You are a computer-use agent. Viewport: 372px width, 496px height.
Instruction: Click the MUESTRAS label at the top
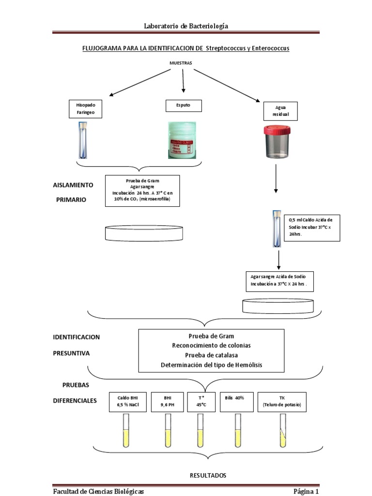click(181, 63)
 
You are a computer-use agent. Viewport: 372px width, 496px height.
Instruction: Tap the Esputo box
click(183, 106)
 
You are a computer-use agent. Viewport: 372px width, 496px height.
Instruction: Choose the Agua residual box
click(280, 111)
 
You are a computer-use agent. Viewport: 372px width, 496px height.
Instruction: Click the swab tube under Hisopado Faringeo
click(83, 140)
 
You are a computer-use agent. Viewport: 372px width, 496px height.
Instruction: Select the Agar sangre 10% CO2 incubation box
click(142, 191)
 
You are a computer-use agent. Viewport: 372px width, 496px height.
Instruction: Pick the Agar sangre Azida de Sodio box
click(279, 281)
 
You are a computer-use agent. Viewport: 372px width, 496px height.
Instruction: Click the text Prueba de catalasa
click(211, 355)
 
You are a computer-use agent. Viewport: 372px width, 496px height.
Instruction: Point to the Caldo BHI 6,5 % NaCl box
click(128, 401)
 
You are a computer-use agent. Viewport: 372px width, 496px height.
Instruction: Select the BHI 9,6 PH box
click(168, 401)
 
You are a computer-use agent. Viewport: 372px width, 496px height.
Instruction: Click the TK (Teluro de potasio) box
click(282, 401)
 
